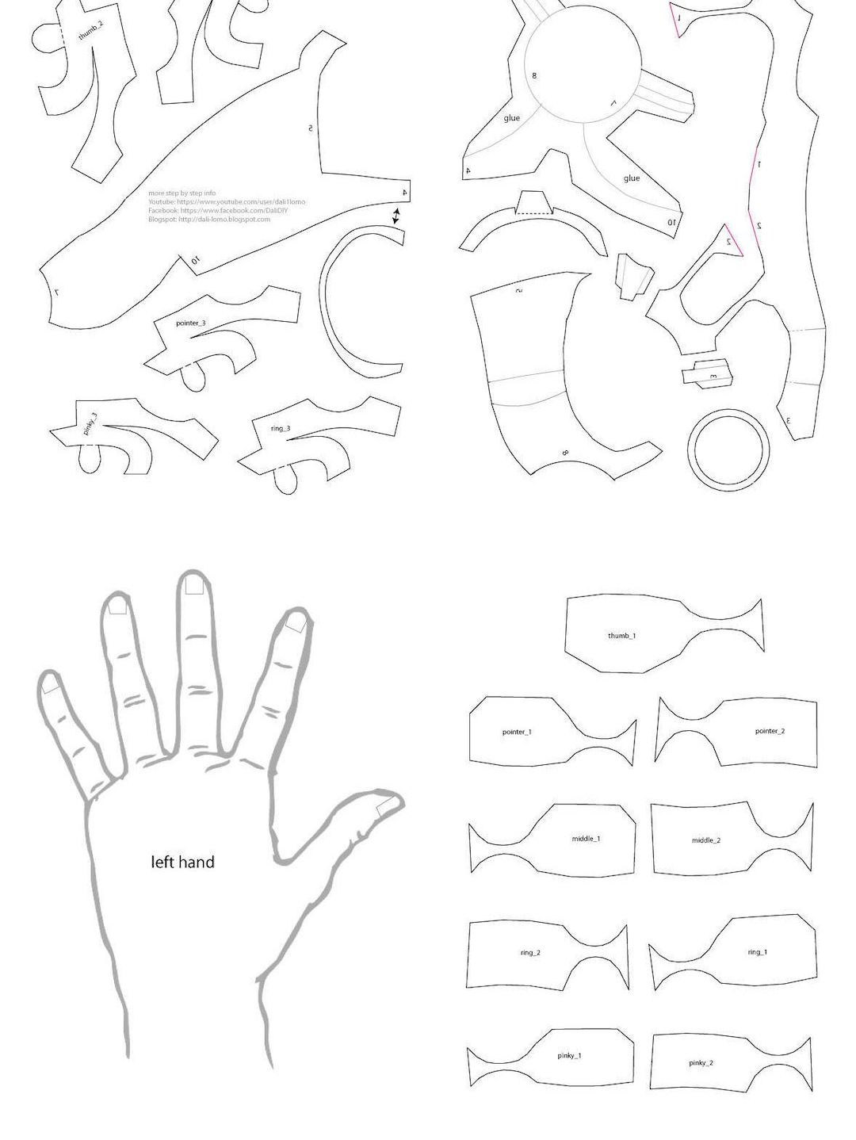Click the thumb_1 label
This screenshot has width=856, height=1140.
coord(621,636)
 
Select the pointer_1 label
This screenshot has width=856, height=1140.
coord(517,732)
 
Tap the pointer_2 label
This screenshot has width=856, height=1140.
coord(769,731)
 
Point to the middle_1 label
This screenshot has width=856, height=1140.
coord(586,838)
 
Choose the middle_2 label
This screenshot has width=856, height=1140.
coord(705,840)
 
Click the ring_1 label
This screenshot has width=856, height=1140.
coord(757,952)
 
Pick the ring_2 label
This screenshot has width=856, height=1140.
coord(530,952)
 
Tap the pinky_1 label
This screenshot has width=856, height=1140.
coord(569,1055)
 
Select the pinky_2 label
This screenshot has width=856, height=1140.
coord(701,1062)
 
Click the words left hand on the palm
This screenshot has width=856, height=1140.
coord(182,862)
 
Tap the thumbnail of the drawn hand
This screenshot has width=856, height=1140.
coord(387,807)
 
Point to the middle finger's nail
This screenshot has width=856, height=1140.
coord(193,586)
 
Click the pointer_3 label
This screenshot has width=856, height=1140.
coord(190,323)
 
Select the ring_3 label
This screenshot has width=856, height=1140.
coord(281,429)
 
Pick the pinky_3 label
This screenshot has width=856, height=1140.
coord(90,423)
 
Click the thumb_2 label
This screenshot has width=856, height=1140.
coord(90,32)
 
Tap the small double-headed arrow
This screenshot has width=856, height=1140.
coord(396,216)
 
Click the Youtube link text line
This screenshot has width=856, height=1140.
coord(226,202)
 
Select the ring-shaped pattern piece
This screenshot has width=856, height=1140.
coord(728,449)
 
